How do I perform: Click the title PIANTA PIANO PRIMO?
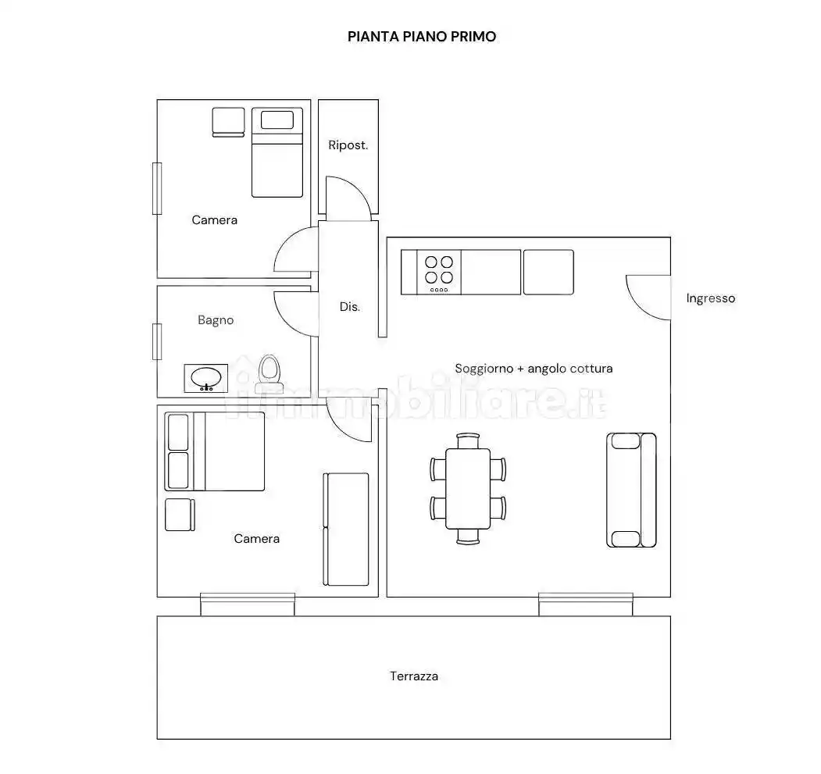pos(422,37)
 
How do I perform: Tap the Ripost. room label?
pos(348,145)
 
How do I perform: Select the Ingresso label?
pos(711,298)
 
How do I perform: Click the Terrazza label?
pos(414,676)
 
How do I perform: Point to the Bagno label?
pos(216,320)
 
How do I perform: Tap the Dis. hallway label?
pos(350,307)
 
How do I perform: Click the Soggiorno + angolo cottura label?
pos(534,369)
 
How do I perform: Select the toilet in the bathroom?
pos(270,374)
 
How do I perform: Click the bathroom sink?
pos(205,378)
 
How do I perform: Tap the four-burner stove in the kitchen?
pos(439,273)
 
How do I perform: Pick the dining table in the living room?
pos(468,489)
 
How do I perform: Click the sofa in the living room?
pos(631,490)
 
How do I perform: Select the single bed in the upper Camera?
pos(277,152)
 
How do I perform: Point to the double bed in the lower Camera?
pos(215,451)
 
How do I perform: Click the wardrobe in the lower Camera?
pos(346,530)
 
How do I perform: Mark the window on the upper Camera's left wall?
pos(157,188)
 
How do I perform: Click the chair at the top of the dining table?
pos(468,441)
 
